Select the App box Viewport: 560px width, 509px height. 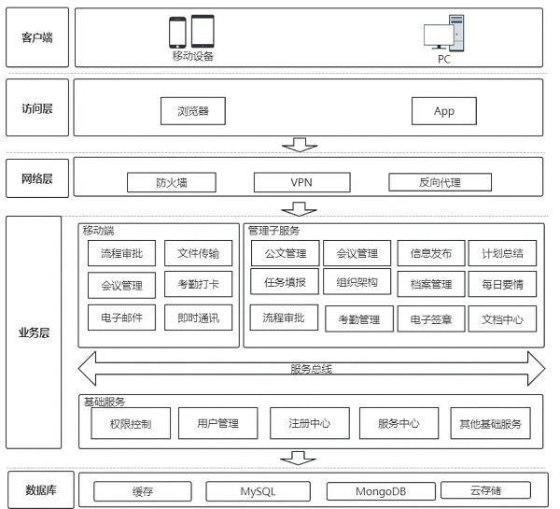tap(444, 111)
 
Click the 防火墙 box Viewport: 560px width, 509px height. tap(171, 182)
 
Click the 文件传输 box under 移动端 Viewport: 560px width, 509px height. tap(198, 253)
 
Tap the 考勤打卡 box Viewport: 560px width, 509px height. tap(198, 285)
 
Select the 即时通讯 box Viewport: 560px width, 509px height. tap(198, 318)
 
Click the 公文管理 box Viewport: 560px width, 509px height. tap(285, 253)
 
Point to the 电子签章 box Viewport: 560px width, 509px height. tap(431, 319)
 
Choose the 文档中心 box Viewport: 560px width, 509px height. tap(502, 319)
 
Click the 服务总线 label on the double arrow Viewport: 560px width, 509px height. tap(311, 368)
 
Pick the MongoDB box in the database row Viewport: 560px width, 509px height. tap(381, 491)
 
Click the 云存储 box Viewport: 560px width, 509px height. tap(486, 490)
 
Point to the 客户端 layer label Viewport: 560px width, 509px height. tap(37, 37)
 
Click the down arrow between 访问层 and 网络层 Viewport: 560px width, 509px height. tap(300, 145)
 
